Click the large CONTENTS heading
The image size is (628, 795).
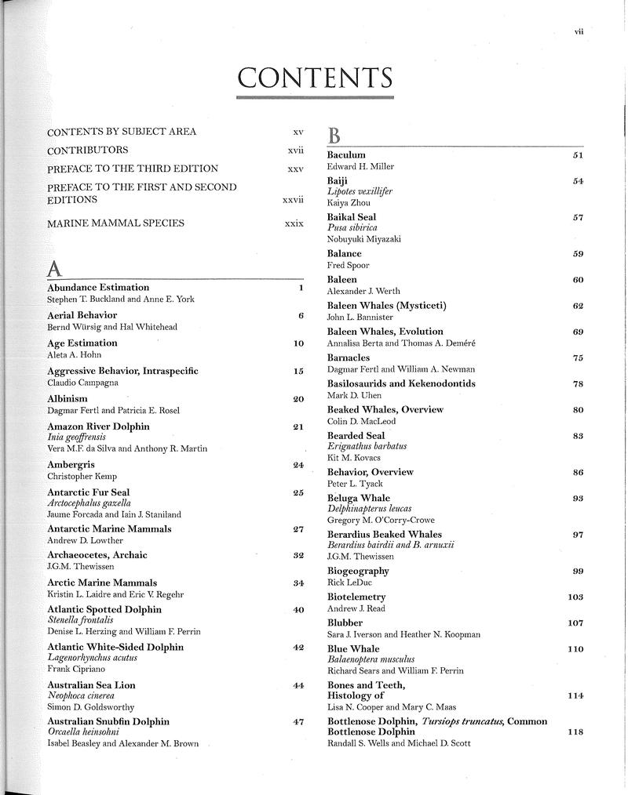click(315, 78)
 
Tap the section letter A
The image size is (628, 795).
click(54, 268)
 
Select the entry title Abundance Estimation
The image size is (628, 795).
click(98, 288)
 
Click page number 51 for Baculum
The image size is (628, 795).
click(578, 155)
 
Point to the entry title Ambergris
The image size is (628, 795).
click(71, 465)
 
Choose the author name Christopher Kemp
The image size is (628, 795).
click(80, 476)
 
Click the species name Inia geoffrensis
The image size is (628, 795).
click(78, 437)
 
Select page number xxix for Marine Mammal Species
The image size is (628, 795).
click(294, 223)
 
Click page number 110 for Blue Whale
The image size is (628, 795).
click(575, 649)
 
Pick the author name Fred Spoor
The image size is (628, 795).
click(348, 265)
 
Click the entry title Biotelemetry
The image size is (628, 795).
click(356, 597)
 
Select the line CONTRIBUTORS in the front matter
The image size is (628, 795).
click(88, 150)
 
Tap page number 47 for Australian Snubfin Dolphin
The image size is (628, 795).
click(298, 721)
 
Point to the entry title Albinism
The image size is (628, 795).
click(68, 399)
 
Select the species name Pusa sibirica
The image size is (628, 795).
click(352, 228)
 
